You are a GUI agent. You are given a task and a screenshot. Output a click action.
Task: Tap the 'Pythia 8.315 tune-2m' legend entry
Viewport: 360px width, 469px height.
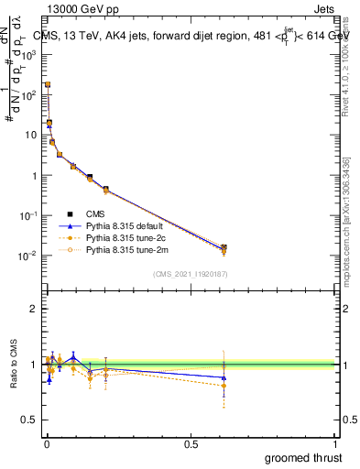126,248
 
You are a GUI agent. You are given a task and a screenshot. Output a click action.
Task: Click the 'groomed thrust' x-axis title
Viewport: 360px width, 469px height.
303,456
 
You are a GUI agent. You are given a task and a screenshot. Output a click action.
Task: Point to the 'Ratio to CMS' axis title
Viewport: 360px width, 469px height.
13,365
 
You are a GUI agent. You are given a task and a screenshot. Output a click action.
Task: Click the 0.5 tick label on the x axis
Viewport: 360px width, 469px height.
191,444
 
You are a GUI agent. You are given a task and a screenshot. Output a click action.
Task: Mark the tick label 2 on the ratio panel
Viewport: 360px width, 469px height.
33,309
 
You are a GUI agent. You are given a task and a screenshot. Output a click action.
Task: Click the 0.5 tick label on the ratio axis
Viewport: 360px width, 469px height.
29,420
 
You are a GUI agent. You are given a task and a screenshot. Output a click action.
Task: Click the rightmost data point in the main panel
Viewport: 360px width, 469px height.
224,248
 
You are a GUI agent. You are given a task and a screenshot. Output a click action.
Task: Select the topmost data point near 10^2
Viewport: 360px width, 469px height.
48,84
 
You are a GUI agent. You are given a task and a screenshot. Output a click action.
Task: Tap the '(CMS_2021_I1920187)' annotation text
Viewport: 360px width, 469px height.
191,274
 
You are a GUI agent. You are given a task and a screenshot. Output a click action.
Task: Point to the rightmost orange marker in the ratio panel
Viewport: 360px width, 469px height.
224,386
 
